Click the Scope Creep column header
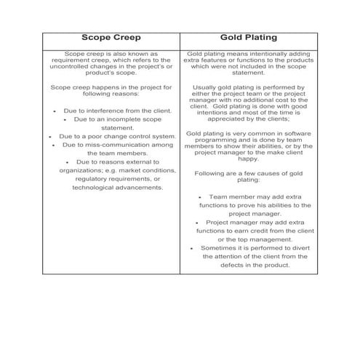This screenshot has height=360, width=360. [111, 37]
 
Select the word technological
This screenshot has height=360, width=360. [97, 187]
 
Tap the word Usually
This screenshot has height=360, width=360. [207, 88]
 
